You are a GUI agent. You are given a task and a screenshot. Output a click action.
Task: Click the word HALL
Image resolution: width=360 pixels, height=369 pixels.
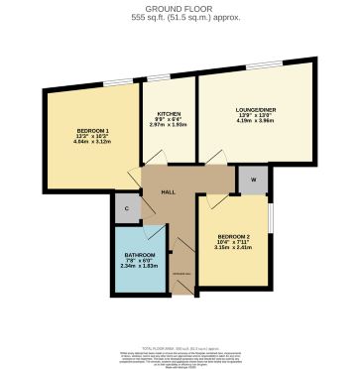pos(169,191)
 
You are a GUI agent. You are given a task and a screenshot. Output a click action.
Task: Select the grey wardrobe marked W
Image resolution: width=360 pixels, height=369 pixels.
pos(252,180)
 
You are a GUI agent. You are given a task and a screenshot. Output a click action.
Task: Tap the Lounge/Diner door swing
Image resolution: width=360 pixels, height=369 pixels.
pos(213,159)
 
